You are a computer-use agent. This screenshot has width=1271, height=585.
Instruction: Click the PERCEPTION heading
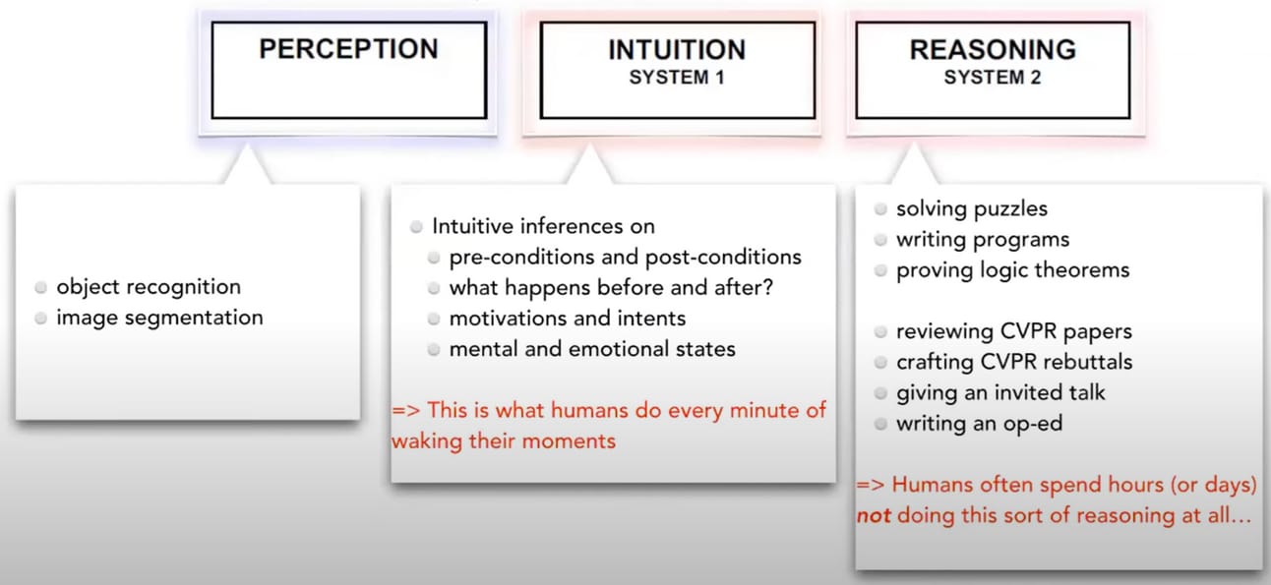[x=348, y=49]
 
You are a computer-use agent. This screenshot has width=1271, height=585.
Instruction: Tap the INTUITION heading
[x=676, y=49]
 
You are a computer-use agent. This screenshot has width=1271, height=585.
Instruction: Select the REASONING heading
[x=992, y=49]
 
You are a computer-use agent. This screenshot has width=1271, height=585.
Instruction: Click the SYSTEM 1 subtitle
[x=677, y=78]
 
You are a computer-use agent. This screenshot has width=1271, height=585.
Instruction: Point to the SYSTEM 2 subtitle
[x=992, y=78]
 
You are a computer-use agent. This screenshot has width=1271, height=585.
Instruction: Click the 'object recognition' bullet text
[x=149, y=287]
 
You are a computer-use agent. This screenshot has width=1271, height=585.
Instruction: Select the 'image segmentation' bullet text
[x=159, y=318]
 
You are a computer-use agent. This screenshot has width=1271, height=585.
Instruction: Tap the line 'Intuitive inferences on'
[x=543, y=226]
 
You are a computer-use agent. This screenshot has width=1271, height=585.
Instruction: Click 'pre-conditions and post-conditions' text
[x=625, y=258]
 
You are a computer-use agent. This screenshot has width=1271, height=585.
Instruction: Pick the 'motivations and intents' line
[x=568, y=319]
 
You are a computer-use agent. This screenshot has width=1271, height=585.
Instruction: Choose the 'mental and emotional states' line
[x=592, y=349]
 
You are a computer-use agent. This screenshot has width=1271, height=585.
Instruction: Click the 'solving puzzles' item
[x=972, y=208]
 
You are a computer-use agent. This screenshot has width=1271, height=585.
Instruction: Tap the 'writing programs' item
[x=983, y=239]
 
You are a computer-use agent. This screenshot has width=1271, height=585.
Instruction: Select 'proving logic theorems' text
[x=1012, y=269]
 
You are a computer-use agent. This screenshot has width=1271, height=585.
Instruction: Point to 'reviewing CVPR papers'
[x=1014, y=331]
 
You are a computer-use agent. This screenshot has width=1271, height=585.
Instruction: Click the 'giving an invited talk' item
[x=1000, y=392]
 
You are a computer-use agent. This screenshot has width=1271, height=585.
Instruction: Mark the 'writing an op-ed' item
[x=979, y=424]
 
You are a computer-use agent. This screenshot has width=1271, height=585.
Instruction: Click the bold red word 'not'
[x=874, y=515]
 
